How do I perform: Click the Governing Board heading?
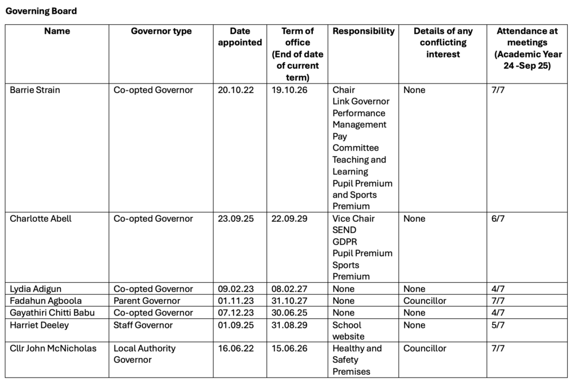(41, 11)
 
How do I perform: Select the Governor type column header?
(161, 31)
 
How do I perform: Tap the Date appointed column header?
(240, 37)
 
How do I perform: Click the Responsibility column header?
(363, 31)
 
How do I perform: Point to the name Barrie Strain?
(35, 90)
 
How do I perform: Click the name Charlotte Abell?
(41, 218)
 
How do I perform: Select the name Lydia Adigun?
(36, 289)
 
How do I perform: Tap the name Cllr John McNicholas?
(53, 348)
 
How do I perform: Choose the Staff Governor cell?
(143, 325)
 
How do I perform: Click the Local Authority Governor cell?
(144, 354)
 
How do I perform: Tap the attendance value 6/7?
(498, 218)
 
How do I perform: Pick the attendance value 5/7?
(498, 325)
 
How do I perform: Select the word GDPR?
(345, 242)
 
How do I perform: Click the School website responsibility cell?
(348, 331)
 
